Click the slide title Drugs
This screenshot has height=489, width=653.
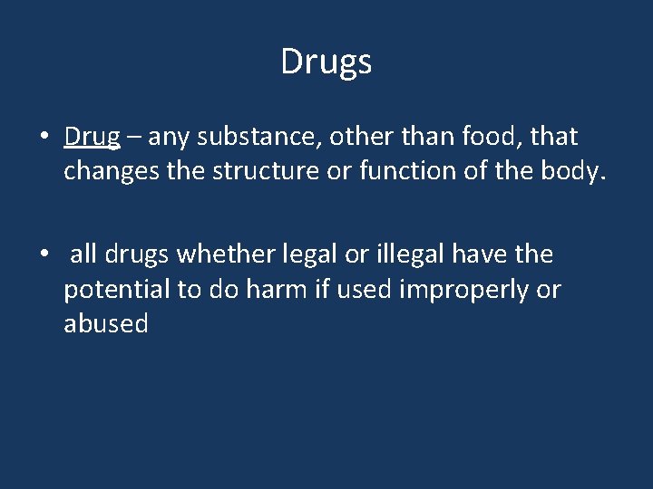click(326, 62)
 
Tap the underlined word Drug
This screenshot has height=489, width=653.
click(92, 138)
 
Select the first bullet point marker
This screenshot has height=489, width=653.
click(44, 138)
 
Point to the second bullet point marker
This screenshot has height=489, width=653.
click(44, 255)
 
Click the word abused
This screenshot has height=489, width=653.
click(106, 324)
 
